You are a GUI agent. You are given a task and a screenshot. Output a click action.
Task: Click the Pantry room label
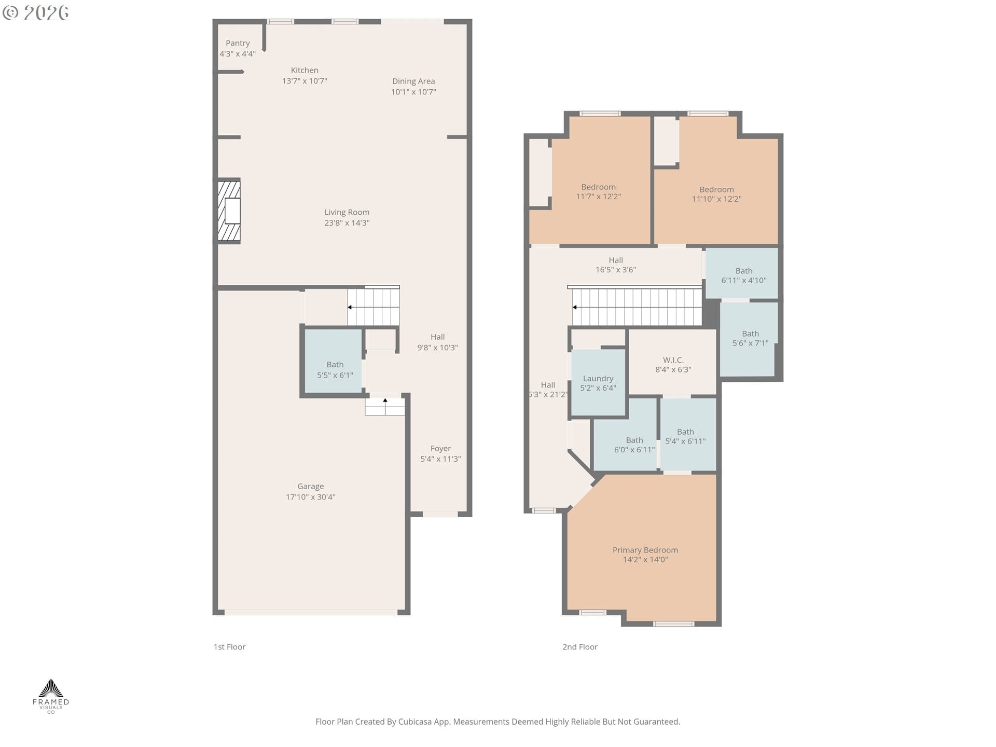[238, 43]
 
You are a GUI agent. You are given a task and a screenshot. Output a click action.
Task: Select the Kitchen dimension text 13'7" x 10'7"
[305, 81]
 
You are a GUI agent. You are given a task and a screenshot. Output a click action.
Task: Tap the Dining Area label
[413, 81]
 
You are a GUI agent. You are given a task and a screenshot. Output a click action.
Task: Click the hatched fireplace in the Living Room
[229, 211]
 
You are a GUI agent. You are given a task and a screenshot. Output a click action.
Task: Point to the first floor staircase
[373, 307]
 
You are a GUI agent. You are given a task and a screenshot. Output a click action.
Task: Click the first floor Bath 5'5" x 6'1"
[335, 369]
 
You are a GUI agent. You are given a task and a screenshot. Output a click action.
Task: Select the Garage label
[310, 486]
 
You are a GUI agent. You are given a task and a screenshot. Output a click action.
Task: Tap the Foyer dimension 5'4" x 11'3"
[440, 459]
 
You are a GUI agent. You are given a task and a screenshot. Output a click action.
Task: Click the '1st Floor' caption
[229, 647]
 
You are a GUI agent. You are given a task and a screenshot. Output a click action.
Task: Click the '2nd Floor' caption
[579, 647]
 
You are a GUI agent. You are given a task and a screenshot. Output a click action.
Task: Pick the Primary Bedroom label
[645, 550]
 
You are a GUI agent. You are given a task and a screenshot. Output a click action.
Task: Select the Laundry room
[598, 383]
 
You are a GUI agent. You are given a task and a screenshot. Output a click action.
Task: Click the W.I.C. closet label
[673, 360]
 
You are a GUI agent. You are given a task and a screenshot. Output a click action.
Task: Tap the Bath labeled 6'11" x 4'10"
[743, 275]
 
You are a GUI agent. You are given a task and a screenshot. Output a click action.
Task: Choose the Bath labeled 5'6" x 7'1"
[750, 338]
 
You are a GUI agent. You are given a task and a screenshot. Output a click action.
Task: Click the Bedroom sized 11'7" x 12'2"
[598, 191]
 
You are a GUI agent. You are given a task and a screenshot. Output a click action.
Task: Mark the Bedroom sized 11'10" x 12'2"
[716, 194]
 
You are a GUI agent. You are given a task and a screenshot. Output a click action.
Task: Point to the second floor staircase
[637, 307]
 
